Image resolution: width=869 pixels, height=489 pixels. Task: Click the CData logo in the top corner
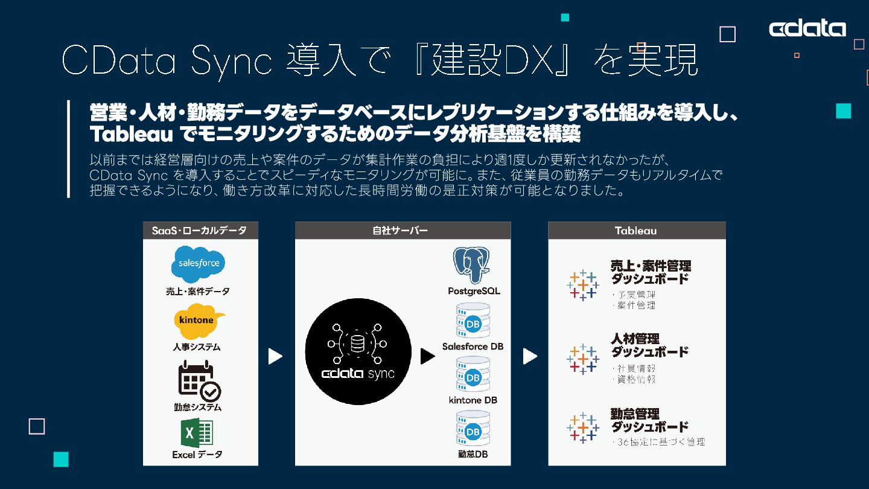pos(807,28)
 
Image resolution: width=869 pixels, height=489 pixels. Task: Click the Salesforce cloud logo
pos(199,264)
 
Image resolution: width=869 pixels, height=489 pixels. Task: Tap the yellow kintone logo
pos(199,321)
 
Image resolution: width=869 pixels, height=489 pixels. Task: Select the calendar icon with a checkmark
pos(199,381)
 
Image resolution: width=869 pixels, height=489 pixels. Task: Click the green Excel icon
pos(197,433)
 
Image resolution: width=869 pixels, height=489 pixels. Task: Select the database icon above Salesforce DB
pos(473,321)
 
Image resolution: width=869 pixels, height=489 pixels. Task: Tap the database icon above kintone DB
pos(473,374)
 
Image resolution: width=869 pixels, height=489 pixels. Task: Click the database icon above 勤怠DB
pos(473,428)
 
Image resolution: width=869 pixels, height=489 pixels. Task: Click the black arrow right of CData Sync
pos(427,357)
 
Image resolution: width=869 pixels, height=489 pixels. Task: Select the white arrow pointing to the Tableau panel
pos(530,357)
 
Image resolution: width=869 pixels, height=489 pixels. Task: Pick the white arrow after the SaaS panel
pos(275,357)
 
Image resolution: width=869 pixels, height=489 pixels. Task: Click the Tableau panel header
pos(636,231)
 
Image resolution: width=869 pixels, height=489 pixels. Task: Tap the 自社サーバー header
pos(403,231)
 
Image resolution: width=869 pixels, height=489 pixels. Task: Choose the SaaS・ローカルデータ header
pos(200,231)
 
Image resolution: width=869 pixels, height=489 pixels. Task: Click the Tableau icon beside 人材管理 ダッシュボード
pos(583,359)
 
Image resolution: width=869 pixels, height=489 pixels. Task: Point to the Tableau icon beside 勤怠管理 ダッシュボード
pos(583,427)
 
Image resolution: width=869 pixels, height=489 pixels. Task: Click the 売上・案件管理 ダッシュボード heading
pos(651,272)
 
